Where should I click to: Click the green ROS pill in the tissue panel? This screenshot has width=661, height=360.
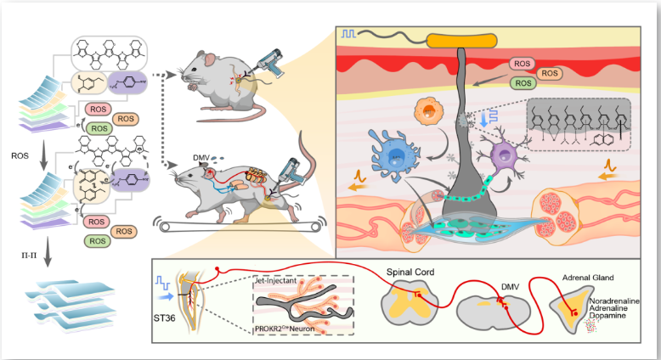523,82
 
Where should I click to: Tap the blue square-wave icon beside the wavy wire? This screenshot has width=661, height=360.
348,34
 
